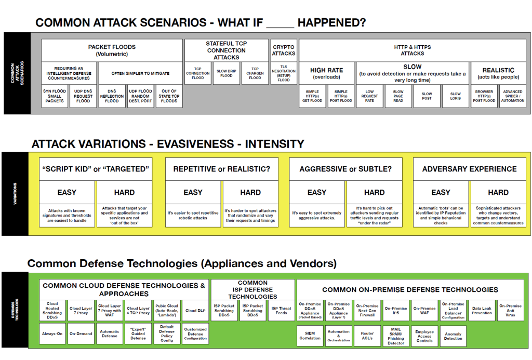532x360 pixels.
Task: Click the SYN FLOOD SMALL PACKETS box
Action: click(x=55, y=96)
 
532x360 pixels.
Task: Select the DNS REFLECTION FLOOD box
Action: click(x=112, y=96)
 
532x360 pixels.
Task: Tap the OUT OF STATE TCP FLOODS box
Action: click(x=169, y=96)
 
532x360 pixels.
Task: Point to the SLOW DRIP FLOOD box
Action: click(x=227, y=73)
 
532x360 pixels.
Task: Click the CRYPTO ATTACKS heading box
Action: click(x=284, y=50)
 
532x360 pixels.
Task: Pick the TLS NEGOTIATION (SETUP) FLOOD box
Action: click(x=284, y=73)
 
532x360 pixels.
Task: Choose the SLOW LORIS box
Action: click(x=455, y=96)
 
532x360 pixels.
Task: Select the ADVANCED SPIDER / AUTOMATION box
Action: click(x=513, y=96)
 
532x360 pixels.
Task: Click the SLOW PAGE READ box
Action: click(x=398, y=96)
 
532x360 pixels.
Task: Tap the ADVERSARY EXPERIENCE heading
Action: click(x=469, y=169)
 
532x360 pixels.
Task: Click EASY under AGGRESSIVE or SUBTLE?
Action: click(x=317, y=192)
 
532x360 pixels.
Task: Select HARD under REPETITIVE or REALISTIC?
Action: click(x=250, y=192)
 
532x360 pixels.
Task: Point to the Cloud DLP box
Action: click(x=195, y=311)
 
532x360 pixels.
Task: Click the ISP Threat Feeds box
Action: click(x=281, y=311)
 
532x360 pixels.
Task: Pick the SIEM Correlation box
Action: click(x=310, y=336)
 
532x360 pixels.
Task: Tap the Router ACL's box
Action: click(x=367, y=336)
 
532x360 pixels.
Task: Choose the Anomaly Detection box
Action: click(x=453, y=336)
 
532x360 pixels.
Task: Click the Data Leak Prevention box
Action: click(x=482, y=311)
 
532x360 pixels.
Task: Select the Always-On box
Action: click(x=52, y=334)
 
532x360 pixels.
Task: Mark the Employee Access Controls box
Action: click(x=424, y=336)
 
